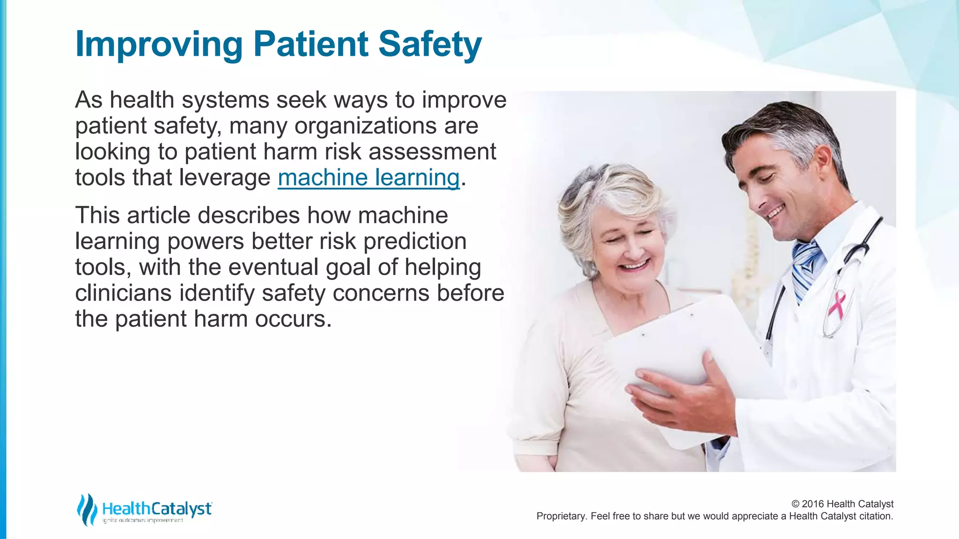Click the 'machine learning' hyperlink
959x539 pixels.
coord(369,178)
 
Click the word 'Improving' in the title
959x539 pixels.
coord(158,44)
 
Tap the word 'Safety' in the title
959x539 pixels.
coord(429,44)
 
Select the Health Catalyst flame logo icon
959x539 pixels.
coord(87,509)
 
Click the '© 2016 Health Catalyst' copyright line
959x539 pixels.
coord(842,504)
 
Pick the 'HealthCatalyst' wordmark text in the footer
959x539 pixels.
coord(157,508)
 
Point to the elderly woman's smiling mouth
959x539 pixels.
coord(634,267)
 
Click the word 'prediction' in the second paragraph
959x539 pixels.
coord(415,241)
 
